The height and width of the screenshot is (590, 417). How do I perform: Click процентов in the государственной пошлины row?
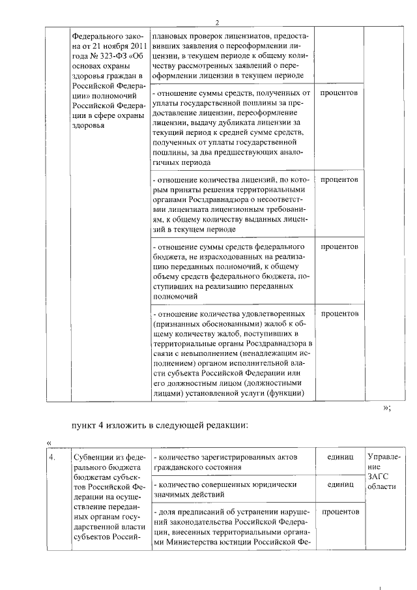[x=339, y=93]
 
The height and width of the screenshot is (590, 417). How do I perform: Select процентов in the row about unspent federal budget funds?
[x=339, y=247]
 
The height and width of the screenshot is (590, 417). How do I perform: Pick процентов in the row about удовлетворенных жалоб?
[x=339, y=314]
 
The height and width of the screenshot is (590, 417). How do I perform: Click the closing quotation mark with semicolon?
[x=387, y=408]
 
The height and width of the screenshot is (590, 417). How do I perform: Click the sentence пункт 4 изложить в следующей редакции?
[x=160, y=426]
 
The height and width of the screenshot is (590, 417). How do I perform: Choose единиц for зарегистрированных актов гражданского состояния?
[x=340, y=458]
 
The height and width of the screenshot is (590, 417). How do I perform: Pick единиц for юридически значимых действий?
[x=340, y=485]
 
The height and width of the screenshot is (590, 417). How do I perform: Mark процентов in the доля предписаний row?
[x=339, y=512]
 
